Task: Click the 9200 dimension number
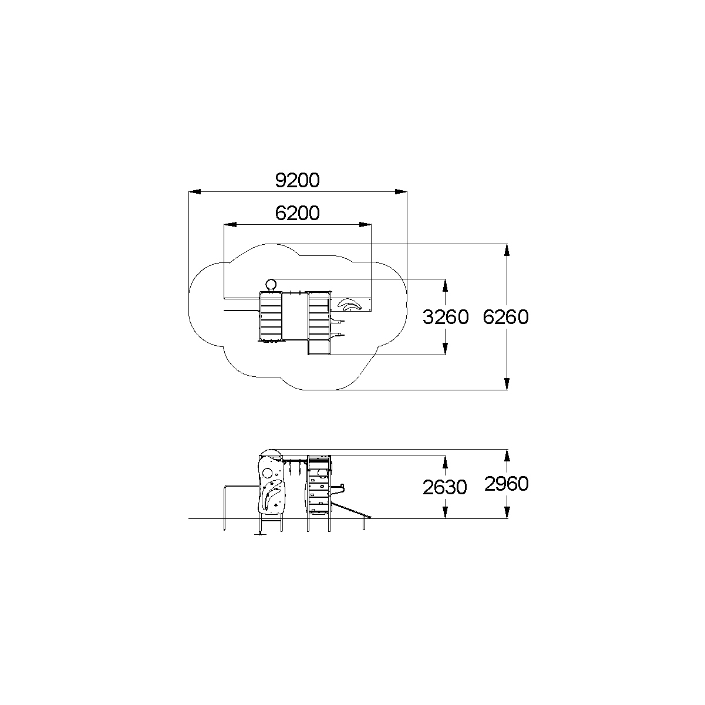point(297,180)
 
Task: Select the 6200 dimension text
point(297,213)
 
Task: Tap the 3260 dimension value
point(445,317)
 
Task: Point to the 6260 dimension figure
point(505,317)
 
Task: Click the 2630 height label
point(445,487)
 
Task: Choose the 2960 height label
point(507,484)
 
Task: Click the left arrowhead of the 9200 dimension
point(195,192)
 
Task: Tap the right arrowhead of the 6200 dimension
point(365,224)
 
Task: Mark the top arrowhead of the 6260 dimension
point(507,250)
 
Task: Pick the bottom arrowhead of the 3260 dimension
point(445,349)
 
